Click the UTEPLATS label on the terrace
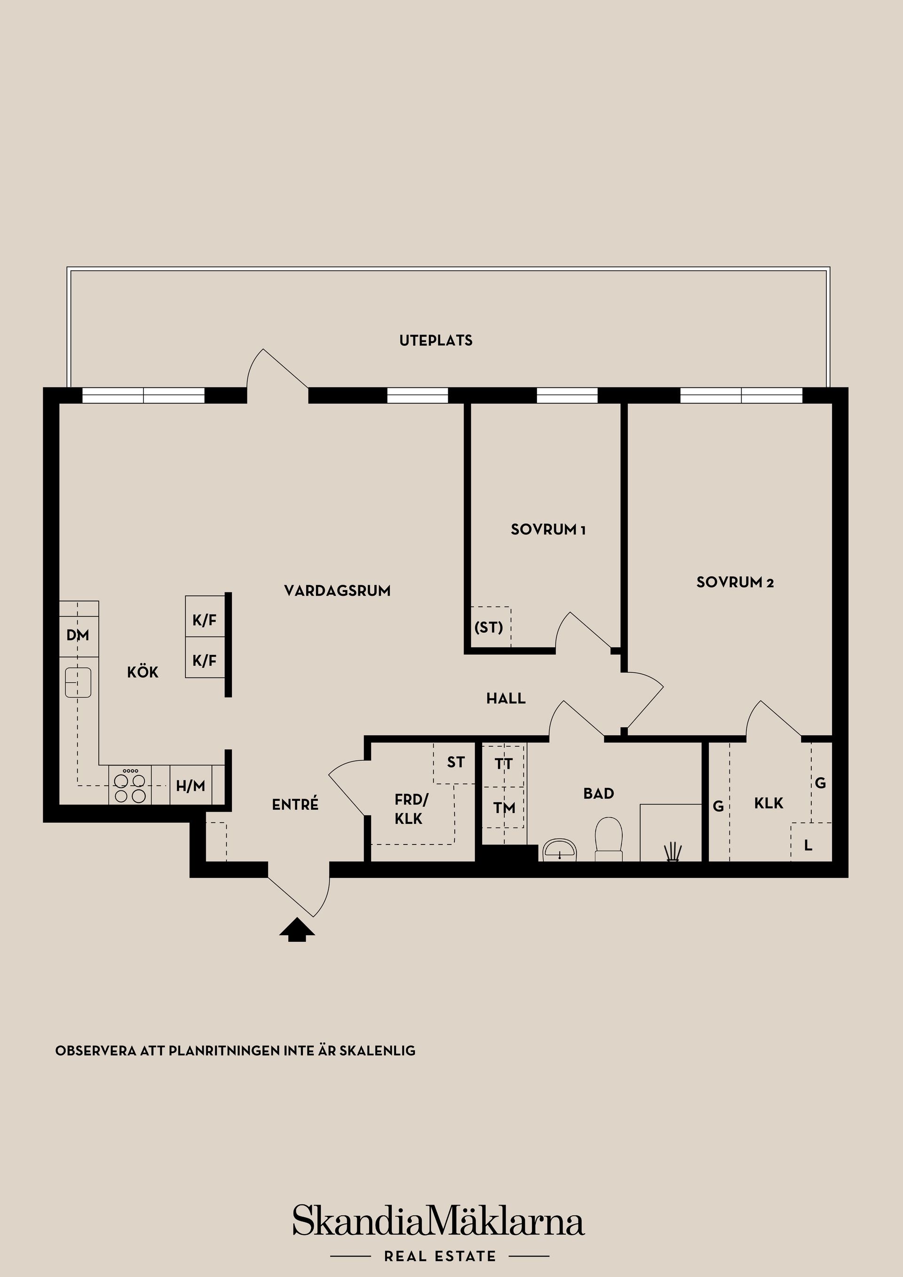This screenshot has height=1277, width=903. pos(436,340)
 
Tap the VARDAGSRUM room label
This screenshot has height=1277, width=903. pos(337,591)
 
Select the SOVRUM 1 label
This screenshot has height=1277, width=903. pos(548,529)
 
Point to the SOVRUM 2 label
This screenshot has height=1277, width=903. pos(735,583)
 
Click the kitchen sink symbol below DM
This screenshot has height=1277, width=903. pos(78,682)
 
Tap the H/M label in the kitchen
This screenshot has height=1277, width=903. pos(190,786)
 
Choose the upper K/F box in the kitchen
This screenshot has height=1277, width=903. pos(204,621)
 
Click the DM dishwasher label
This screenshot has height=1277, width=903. pos(78,635)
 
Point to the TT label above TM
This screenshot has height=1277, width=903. pos(504,764)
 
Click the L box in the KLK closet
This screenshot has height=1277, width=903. pos(808,845)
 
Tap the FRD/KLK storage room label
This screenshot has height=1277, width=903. pos(411,809)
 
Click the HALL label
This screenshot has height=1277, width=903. pos(506,699)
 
